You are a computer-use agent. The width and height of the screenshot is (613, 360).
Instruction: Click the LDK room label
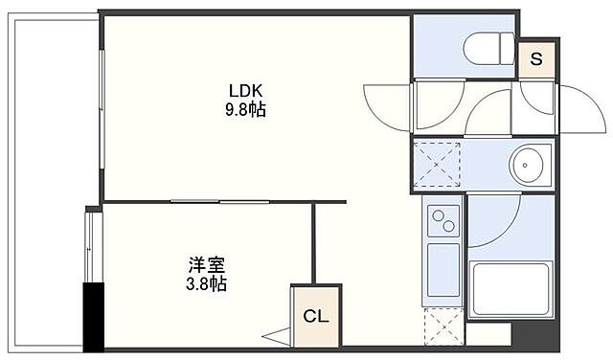(245, 93)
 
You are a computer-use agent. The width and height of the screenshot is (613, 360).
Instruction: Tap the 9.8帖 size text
(246, 110)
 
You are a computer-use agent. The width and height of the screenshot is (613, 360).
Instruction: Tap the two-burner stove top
(443, 223)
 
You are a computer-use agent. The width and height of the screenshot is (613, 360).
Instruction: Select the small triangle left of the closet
(277, 335)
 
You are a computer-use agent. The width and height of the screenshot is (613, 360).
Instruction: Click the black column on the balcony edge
(93, 317)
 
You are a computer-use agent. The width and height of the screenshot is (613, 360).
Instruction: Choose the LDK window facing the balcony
(102, 105)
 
